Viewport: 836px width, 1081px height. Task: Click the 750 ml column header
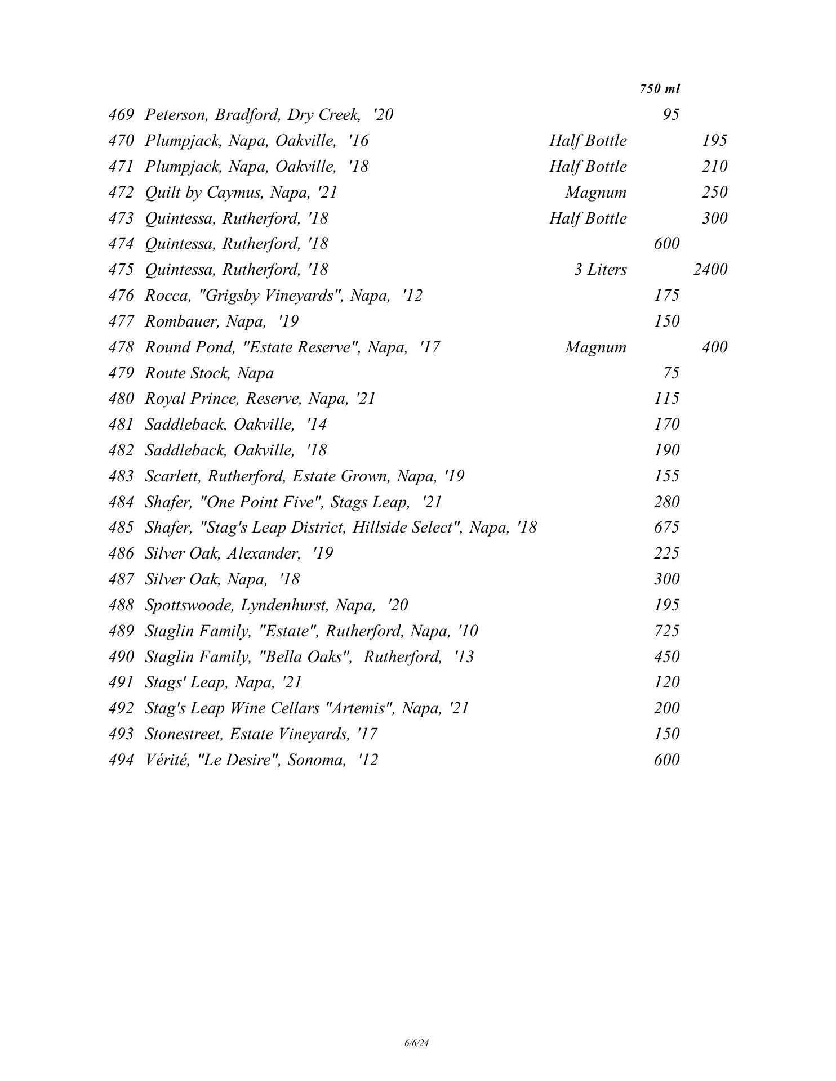coord(660,89)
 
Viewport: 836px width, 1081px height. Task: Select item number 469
coord(121,115)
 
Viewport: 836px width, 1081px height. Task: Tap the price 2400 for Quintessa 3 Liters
coord(710,270)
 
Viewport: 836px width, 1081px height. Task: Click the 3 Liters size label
coord(600,270)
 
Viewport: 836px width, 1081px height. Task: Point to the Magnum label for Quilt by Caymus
coord(595,193)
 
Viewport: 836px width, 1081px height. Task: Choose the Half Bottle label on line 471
coord(588,167)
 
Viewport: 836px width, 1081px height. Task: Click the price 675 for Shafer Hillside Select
coord(666,528)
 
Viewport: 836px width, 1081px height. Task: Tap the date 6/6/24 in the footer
coord(417,1043)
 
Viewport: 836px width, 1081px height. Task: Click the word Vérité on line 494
coord(166,760)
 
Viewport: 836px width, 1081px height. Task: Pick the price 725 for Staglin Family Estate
coord(666,631)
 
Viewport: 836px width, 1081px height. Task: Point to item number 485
coord(121,528)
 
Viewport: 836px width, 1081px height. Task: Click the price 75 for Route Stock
coord(670,373)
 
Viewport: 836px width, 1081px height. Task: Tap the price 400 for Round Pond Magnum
coord(714,347)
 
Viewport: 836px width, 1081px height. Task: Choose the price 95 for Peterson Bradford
coord(670,115)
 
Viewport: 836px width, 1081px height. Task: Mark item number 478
coord(121,347)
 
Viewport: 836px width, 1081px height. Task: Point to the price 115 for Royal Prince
coord(666,399)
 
